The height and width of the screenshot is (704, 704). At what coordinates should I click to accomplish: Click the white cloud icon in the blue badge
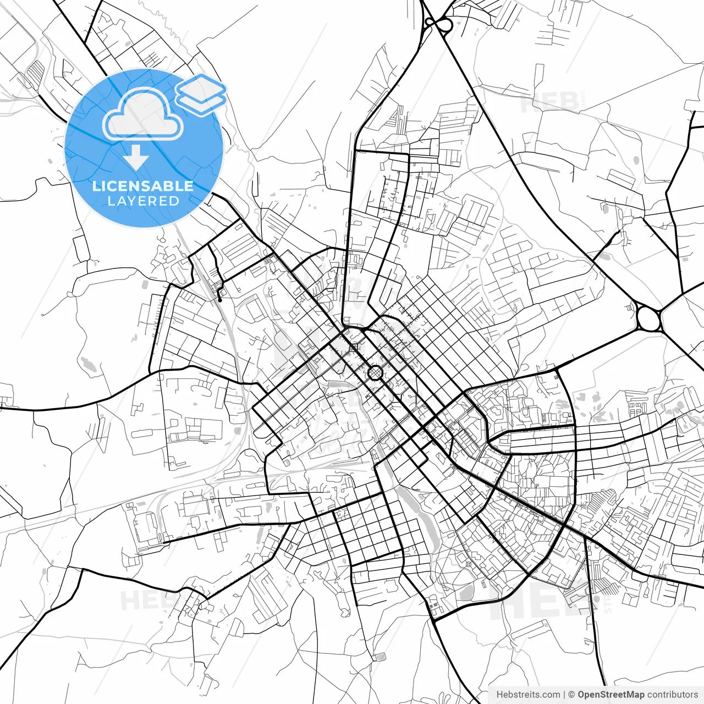point(143,114)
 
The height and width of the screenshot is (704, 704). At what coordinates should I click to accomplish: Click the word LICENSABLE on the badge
point(143,186)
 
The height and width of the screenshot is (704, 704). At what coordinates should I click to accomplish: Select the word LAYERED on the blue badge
point(143,201)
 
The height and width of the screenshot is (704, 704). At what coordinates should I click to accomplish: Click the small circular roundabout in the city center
point(375,373)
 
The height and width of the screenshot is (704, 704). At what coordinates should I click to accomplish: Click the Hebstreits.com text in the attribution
point(528,695)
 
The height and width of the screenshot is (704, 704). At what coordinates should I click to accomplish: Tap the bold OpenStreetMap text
point(611,695)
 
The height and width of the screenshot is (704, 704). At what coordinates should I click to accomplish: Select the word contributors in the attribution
point(672,695)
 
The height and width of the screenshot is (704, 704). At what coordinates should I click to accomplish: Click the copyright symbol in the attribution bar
point(571,695)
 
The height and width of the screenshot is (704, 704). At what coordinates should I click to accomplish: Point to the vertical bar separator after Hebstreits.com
point(564,695)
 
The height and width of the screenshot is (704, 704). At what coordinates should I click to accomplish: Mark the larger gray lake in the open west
point(87,363)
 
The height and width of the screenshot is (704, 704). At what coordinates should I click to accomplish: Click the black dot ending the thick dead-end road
point(219,300)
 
